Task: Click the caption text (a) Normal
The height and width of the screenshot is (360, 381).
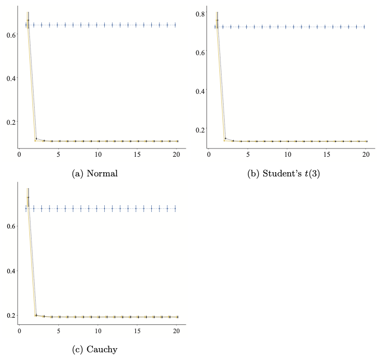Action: pos(96,173)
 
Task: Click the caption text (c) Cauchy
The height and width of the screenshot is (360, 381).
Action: pos(96,350)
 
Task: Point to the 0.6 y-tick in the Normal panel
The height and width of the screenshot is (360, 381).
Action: pos(10,35)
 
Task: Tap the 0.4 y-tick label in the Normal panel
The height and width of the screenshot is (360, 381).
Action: pos(10,78)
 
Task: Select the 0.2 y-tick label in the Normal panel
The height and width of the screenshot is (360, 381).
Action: pos(10,122)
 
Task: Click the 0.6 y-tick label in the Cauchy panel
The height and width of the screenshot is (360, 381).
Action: pos(10,226)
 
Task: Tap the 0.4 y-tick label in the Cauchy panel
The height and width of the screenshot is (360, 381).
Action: pos(10,271)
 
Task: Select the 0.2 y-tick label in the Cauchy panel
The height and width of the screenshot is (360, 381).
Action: pos(10,315)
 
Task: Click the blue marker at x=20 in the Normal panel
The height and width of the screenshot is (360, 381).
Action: pos(176,25)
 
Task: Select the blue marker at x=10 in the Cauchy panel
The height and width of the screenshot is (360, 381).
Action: pos(97,208)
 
